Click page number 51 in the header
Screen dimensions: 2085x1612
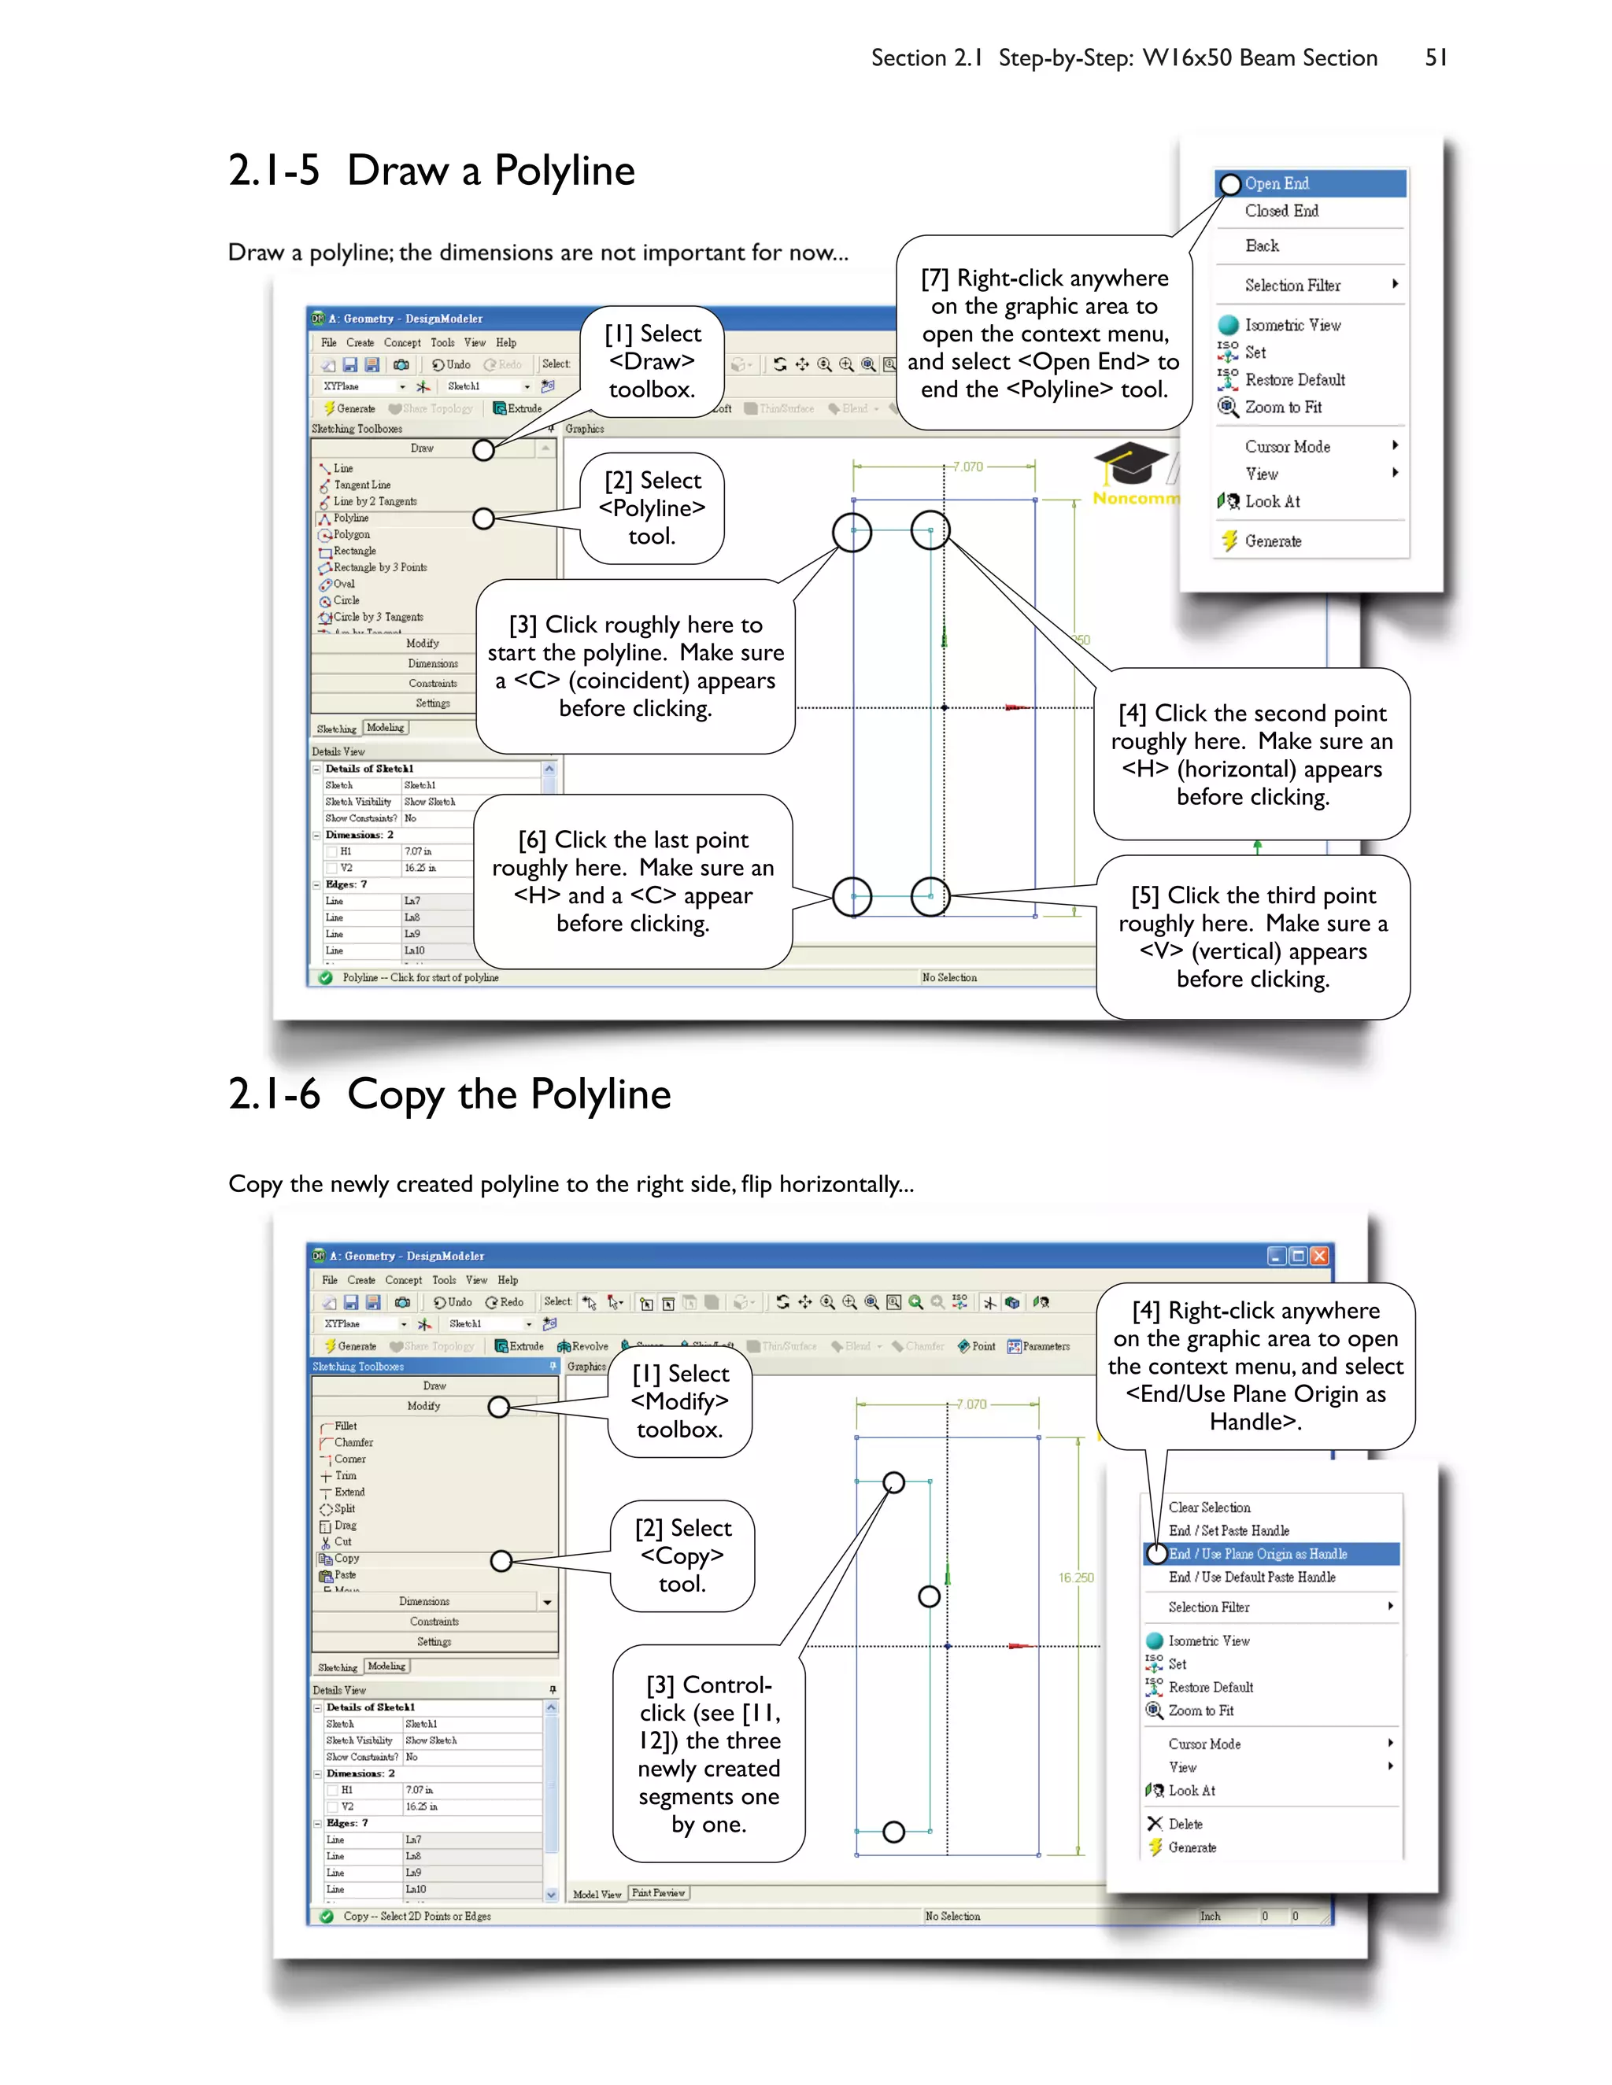click(1436, 58)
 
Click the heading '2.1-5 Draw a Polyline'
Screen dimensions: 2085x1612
click(431, 171)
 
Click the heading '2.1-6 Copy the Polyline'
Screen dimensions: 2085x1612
click(449, 1094)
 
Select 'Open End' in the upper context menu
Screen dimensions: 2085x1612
click(1276, 183)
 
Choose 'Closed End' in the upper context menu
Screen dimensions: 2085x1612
click(1281, 211)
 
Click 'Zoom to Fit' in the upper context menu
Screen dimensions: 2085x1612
click(1282, 407)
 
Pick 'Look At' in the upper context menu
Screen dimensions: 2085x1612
click(1272, 501)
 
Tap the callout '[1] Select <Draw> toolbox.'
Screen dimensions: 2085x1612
click(653, 362)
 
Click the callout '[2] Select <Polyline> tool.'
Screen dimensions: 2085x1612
click(653, 508)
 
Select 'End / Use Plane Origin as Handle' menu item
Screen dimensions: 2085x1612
click(1257, 1554)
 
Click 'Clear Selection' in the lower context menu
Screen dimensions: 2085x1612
click(1209, 1507)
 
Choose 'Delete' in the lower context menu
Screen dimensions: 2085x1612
click(1185, 1824)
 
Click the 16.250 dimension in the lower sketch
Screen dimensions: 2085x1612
click(1075, 1578)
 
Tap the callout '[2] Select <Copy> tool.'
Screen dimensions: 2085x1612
click(682, 1556)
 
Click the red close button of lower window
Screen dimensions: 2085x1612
click(1319, 1257)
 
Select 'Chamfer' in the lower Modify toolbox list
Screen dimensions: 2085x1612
click(353, 1442)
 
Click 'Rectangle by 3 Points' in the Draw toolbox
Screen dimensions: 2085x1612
click(379, 567)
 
